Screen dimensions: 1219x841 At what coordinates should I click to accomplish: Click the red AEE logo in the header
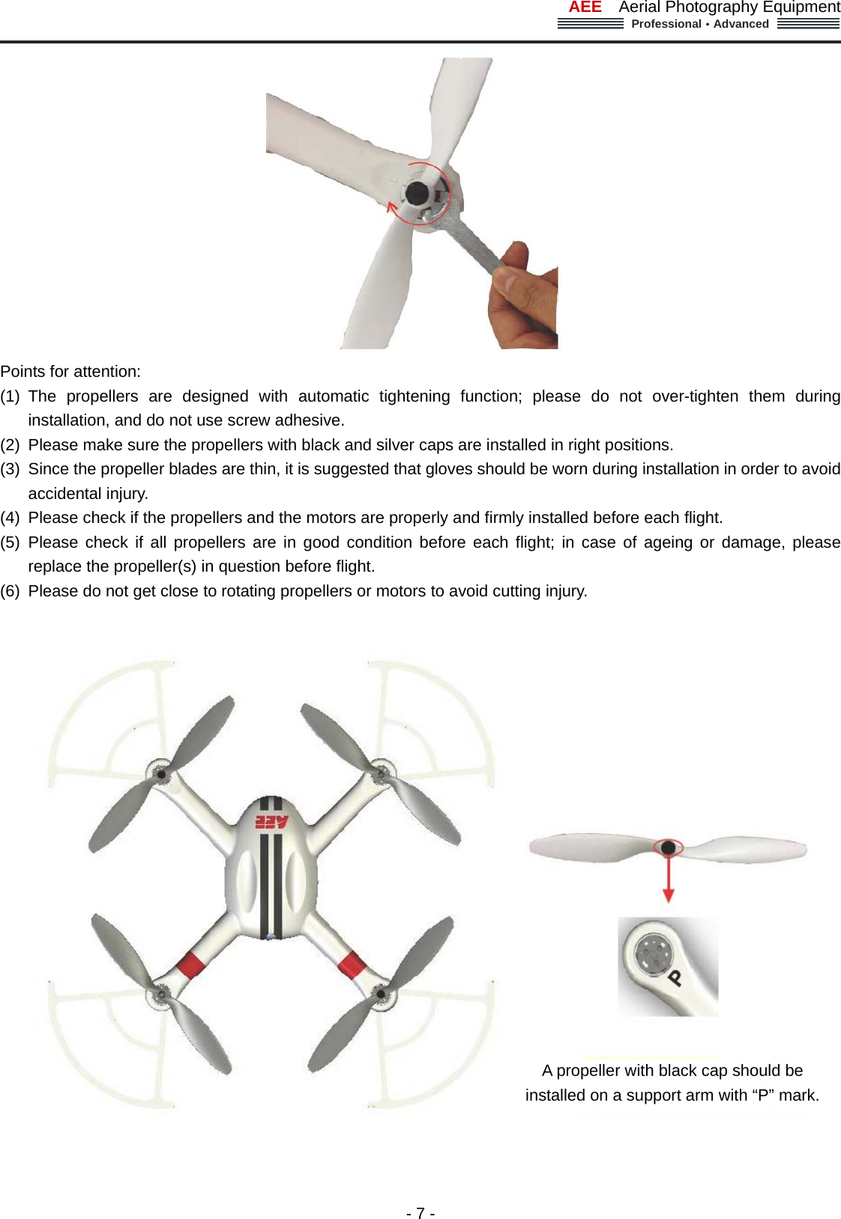click(x=585, y=7)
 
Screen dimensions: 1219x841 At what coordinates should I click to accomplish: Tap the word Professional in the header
click(x=666, y=24)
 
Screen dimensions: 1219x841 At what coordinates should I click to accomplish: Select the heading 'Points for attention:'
click(x=70, y=372)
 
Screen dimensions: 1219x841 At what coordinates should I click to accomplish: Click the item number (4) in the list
click(x=10, y=518)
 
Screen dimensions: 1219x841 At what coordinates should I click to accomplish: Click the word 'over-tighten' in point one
click(x=695, y=396)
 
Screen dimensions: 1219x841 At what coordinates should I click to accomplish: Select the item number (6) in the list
click(x=10, y=591)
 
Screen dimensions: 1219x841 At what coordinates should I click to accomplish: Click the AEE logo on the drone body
click(x=271, y=821)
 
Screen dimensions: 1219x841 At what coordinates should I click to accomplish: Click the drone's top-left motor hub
click(x=160, y=773)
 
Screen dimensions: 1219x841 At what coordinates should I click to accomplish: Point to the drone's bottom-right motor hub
click(x=381, y=994)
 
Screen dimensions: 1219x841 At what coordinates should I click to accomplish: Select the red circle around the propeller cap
click(x=668, y=847)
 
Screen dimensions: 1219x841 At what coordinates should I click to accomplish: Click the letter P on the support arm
click(x=675, y=977)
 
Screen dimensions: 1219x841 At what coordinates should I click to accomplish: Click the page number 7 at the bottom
click(x=420, y=1213)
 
